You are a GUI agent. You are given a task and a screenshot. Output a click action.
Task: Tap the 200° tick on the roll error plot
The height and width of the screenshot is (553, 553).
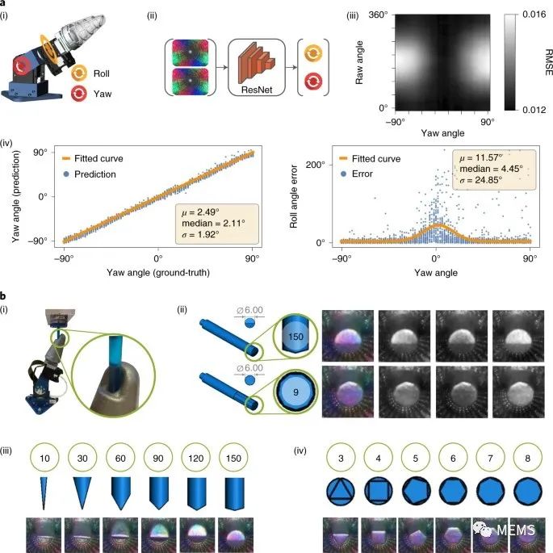tap(319, 165)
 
